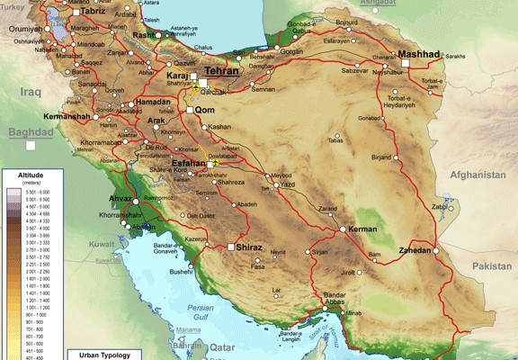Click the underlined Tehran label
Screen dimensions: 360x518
(223, 70)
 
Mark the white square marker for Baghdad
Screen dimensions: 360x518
(30, 145)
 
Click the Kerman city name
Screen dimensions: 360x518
(364, 230)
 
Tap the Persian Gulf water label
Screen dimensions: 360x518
(201, 312)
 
